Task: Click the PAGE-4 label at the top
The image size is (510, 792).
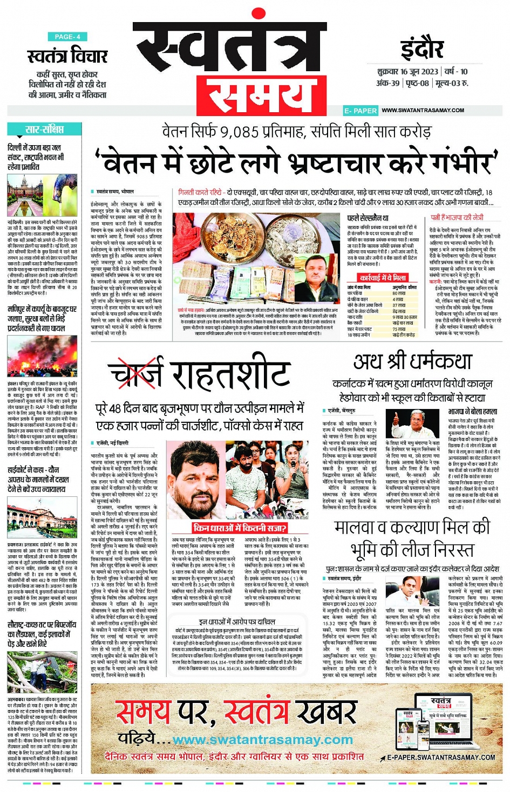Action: point(67,37)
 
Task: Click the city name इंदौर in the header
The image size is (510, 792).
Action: point(422,50)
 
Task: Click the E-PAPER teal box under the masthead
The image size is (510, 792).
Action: point(361,111)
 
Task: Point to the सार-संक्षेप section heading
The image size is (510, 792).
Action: point(44,129)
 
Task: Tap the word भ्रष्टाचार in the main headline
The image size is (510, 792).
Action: point(348,163)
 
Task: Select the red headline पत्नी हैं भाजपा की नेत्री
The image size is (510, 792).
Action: point(457,217)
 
